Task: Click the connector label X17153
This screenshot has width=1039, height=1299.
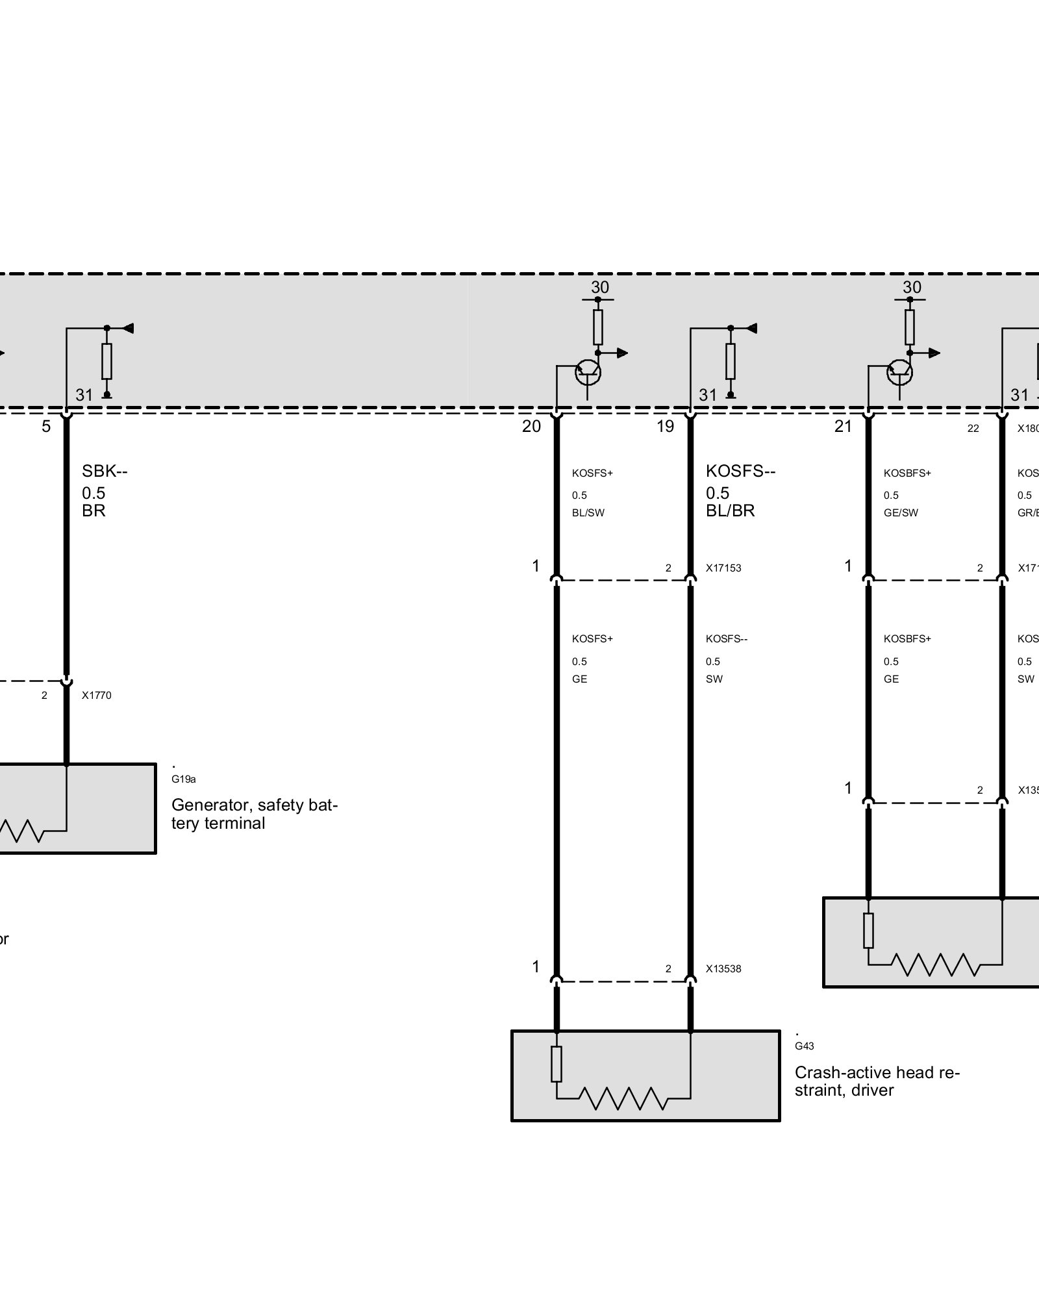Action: (723, 568)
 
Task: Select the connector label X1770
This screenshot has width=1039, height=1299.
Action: (97, 695)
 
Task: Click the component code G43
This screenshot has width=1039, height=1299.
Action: (804, 1046)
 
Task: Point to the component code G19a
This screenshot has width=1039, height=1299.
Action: (184, 779)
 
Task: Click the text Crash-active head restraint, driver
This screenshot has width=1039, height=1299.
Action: (877, 1081)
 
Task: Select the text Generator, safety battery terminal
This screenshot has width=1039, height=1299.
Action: (254, 814)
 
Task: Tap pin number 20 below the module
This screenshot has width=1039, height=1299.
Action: (531, 427)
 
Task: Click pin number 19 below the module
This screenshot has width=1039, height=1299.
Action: (665, 427)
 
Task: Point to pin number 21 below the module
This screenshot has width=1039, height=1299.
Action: (843, 427)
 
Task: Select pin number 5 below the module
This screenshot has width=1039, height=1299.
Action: (46, 427)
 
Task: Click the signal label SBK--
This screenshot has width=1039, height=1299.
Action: (105, 471)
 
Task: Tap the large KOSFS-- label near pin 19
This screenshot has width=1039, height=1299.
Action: (740, 471)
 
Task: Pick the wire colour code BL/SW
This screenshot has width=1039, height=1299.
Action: (588, 512)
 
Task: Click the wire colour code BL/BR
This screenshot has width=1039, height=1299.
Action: (731, 511)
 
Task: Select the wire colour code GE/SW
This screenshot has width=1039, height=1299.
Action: (901, 512)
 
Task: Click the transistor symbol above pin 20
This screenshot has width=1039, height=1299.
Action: (588, 372)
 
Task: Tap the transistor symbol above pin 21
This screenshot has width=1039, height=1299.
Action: (899, 372)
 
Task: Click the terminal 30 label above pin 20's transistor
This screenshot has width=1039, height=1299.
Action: (600, 287)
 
